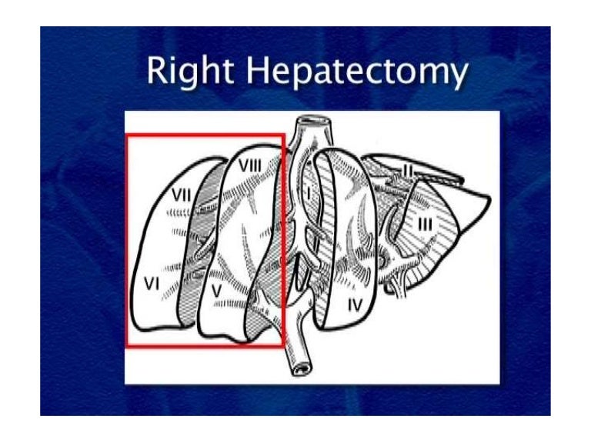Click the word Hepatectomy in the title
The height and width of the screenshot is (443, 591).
[358, 72]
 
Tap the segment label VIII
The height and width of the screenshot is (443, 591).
[252, 166]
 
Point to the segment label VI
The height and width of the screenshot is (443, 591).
[152, 285]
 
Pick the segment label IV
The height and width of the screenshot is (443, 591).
[354, 305]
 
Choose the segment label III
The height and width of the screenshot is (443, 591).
[424, 224]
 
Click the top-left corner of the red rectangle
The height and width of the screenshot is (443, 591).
[127, 135]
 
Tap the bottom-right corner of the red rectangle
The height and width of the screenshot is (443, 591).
[285, 346]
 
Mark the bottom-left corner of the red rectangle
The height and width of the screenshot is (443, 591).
[127, 346]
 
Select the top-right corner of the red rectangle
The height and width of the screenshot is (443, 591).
[285, 135]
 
